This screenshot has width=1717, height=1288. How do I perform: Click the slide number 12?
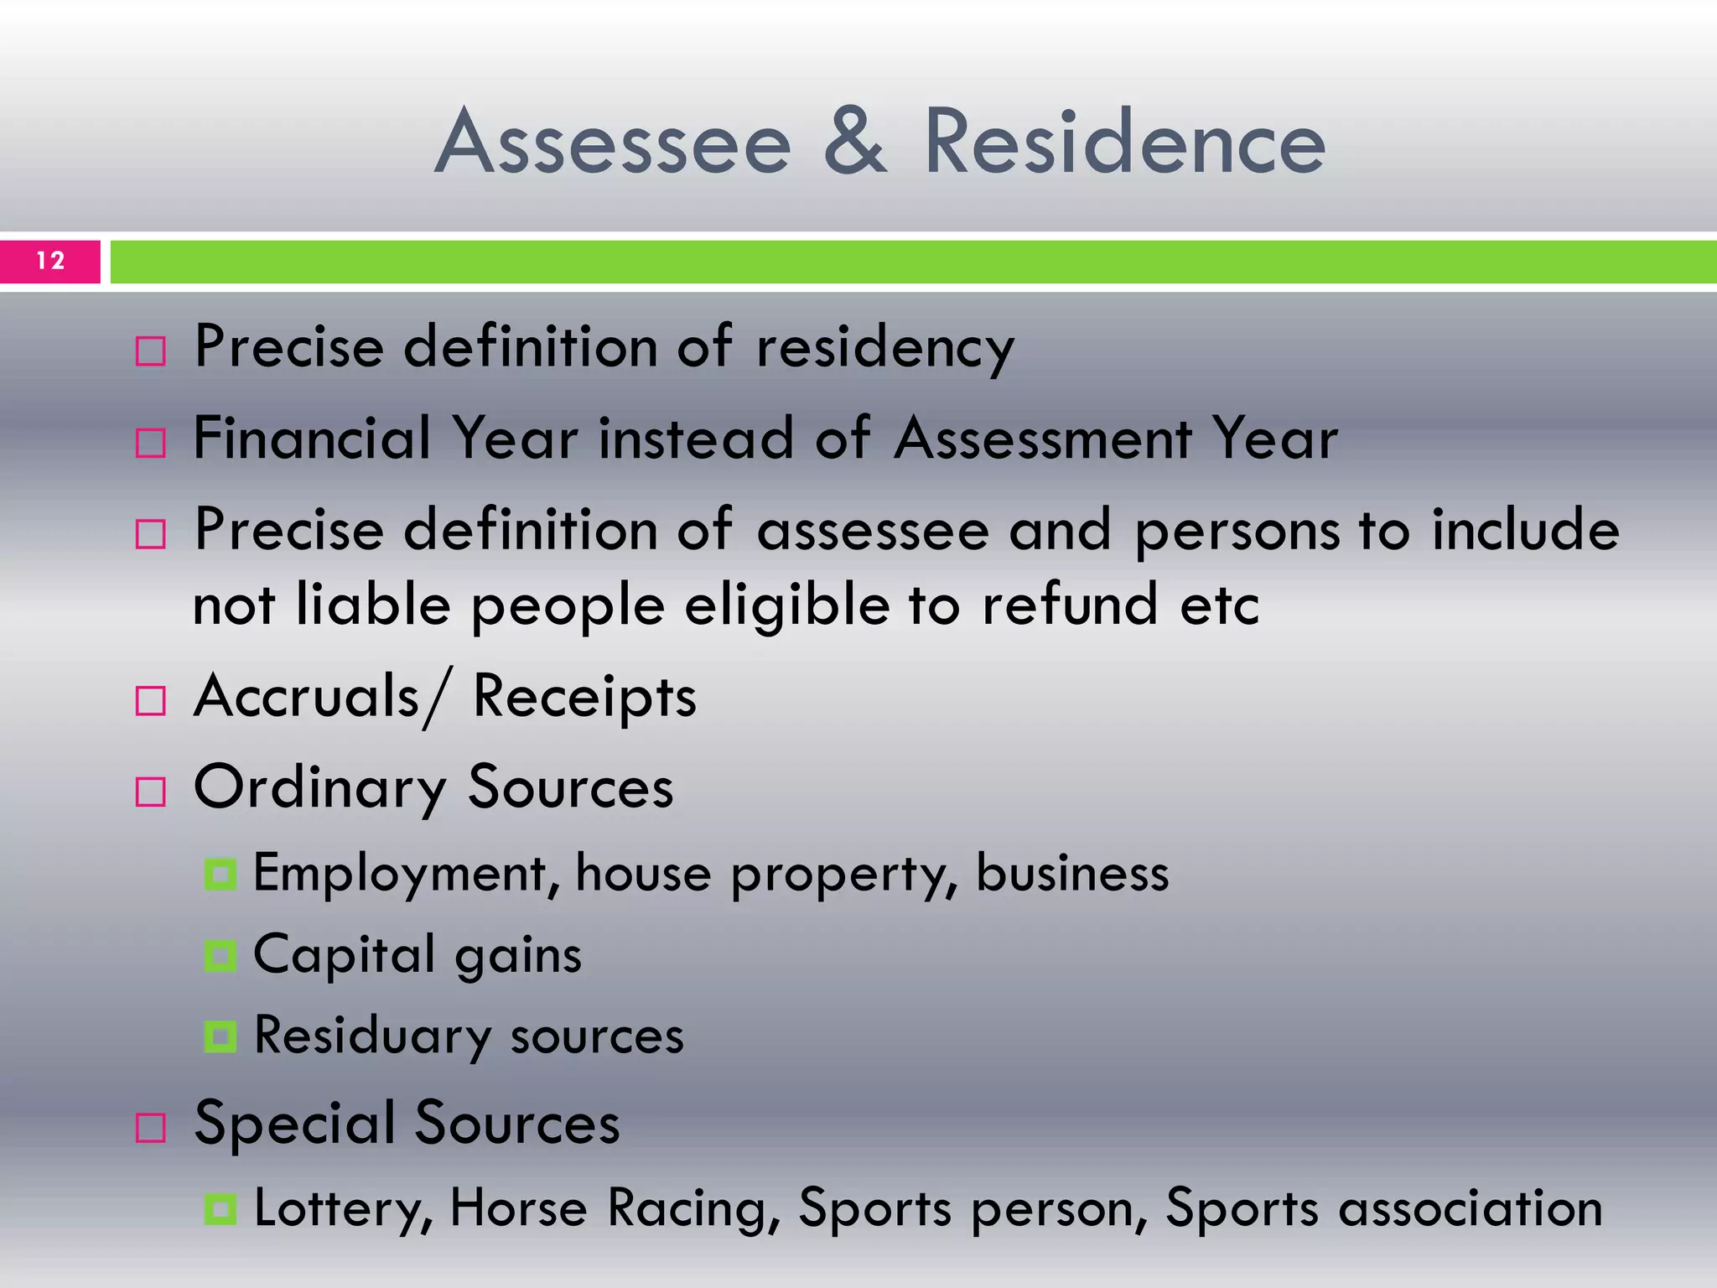(50, 261)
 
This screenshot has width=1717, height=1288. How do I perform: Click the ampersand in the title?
(854, 143)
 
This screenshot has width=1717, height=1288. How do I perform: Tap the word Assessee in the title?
(613, 143)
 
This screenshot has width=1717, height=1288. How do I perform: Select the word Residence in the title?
(1124, 143)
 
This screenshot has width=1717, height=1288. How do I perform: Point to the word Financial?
(311, 438)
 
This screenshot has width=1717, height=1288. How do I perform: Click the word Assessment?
(1043, 438)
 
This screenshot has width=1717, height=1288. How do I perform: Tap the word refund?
(1070, 604)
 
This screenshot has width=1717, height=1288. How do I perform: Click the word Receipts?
(584, 698)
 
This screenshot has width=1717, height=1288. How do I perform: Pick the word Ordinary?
(319, 789)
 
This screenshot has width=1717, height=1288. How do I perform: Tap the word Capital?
(345, 955)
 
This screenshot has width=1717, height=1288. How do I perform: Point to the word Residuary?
(372, 1036)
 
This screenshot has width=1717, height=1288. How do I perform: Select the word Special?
(294, 1124)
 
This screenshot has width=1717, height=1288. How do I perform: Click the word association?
(1470, 1209)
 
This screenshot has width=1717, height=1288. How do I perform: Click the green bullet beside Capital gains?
(220, 956)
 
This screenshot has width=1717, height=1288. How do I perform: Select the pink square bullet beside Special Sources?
(151, 1128)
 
